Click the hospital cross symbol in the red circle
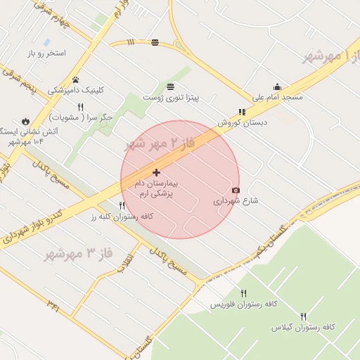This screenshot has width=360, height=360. (156, 172)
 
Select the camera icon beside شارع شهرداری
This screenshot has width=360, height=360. (236, 191)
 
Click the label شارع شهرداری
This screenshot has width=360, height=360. (236, 201)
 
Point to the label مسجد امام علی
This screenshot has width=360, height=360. (277, 97)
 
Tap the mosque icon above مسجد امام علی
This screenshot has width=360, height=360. (277, 87)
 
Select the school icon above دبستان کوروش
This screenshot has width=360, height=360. (242, 112)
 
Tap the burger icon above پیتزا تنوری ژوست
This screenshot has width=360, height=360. (172, 86)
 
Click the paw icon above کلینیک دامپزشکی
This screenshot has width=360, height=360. (75, 79)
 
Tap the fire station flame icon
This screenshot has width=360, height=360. (27, 120)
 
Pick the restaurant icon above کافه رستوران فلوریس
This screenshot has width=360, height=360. (243, 293)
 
